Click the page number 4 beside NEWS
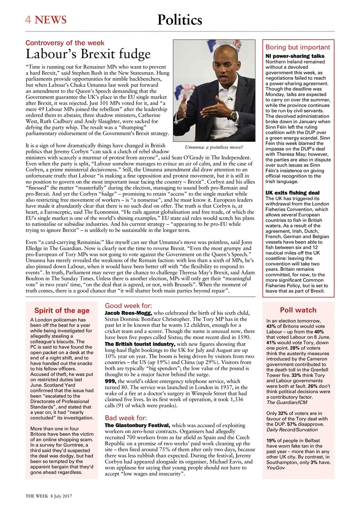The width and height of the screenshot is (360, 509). tap(29, 19)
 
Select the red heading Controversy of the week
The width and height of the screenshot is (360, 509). tap(65, 43)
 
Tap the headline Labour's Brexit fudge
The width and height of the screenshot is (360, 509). tap(88, 54)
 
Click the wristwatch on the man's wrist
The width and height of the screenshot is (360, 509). tap(234, 115)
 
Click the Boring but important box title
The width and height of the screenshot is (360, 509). tap(298, 47)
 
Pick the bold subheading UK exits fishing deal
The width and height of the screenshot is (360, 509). tap(292, 193)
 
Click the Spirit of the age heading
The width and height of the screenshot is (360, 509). tap(62, 311)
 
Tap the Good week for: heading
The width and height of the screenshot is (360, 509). tap(128, 306)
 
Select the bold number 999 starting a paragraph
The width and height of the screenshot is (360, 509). tap(110, 381)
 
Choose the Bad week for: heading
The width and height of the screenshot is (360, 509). tap(126, 418)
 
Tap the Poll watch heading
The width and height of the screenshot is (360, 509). tap(298, 310)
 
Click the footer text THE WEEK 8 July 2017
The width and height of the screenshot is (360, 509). tap(49, 497)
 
